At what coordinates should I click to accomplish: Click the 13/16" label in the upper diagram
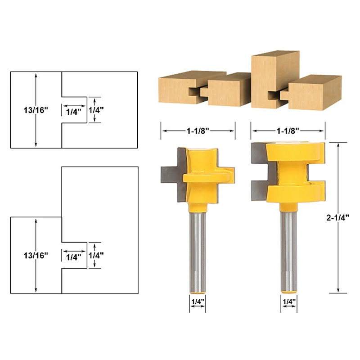tap(36, 110)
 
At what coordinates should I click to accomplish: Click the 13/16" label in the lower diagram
tap(36, 255)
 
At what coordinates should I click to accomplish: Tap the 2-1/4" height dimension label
tap(338, 218)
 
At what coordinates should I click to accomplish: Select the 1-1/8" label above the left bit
tap(198, 131)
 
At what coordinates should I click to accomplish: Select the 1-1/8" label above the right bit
tap(288, 131)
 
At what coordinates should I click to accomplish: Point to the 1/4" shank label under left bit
tap(198, 301)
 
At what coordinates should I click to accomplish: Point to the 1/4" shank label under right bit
tap(289, 301)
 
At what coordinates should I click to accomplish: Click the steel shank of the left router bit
tap(198, 252)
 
